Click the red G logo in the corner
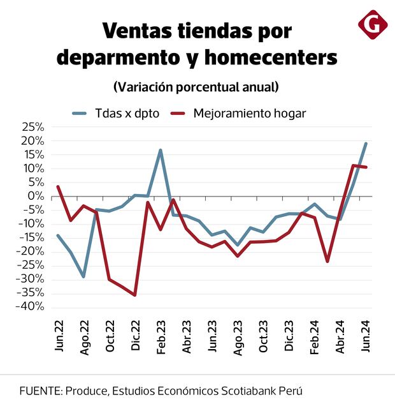click(x=373, y=25)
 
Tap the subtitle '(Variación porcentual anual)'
click(x=196, y=86)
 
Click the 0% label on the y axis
click(x=37, y=196)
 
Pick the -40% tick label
click(x=31, y=306)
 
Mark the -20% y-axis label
click(x=31, y=251)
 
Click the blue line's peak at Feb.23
click(x=161, y=150)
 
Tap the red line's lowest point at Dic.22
click(x=135, y=295)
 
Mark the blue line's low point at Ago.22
click(x=83, y=276)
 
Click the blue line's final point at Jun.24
click(x=366, y=144)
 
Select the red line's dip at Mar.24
click(x=327, y=261)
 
